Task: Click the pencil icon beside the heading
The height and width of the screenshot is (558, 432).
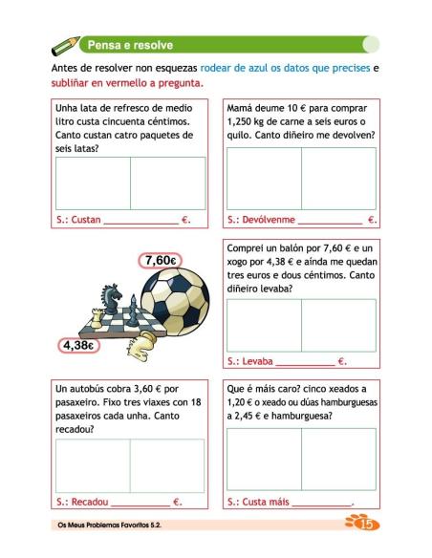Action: click(65, 44)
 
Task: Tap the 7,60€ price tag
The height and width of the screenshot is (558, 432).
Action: click(161, 260)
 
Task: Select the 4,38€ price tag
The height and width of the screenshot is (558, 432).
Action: click(78, 345)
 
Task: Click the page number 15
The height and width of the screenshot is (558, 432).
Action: click(361, 524)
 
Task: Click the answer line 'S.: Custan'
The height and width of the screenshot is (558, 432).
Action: click(123, 220)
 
